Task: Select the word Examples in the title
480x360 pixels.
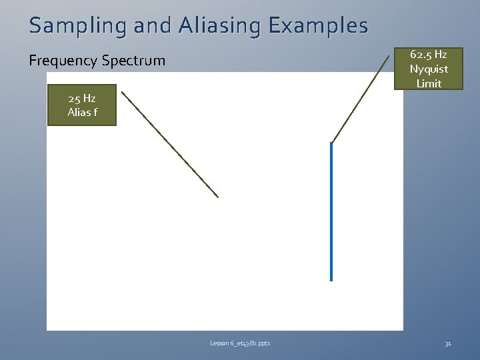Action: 318,25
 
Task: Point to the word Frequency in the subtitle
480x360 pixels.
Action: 63,61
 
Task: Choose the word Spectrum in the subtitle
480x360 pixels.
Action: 133,61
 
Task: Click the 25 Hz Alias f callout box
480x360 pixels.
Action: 82,105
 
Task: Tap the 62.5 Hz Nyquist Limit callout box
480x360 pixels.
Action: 428,69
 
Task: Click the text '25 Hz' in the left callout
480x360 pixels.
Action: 82,99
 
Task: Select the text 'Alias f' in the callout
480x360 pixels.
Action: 82,112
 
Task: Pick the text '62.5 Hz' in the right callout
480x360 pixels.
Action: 428,55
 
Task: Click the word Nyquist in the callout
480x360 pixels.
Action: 428,69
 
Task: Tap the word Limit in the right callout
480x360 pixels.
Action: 428,83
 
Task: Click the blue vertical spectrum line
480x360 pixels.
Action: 331,213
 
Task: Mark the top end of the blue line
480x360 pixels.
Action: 331,144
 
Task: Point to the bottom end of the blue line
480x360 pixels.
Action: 331,279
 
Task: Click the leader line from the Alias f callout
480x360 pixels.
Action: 170,144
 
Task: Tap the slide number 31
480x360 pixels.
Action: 448,343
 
